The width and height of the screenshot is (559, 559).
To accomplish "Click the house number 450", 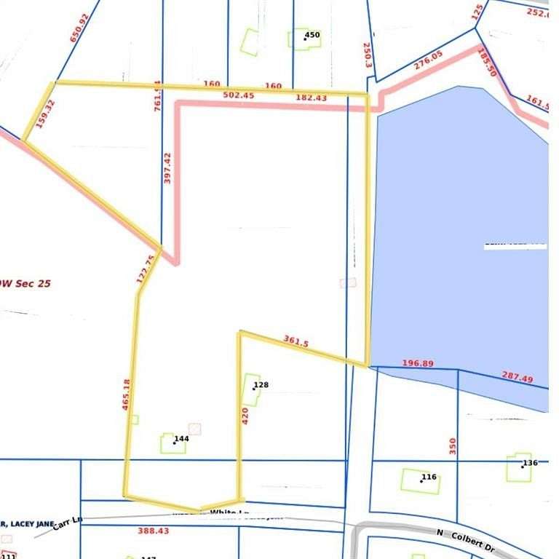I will pyautogui.click(x=312, y=35).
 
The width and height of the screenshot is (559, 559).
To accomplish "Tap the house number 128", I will pyautogui.click(x=261, y=385).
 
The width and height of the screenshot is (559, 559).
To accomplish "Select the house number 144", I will pyautogui.click(x=182, y=439).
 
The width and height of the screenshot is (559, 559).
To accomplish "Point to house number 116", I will pyautogui.click(x=429, y=477).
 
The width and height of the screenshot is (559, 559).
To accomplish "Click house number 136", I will pyautogui.click(x=530, y=463).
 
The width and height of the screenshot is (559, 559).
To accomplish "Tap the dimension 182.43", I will pyautogui.click(x=311, y=98).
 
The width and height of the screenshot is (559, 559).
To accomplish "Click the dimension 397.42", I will pyautogui.click(x=167, y=167).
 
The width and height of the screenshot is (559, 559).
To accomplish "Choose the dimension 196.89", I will pyautogui.click(x=417, y=363).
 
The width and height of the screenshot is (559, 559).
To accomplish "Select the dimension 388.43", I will pyautogui.click(x=153, y=531).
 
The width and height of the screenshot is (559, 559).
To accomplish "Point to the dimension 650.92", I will pyautogui.click(x=78, y=28).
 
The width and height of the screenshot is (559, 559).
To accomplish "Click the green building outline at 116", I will pyautogui.click(x=420, y=481).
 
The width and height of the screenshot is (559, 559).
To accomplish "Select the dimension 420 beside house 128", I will pyautogui.click(x=245, y=416).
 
